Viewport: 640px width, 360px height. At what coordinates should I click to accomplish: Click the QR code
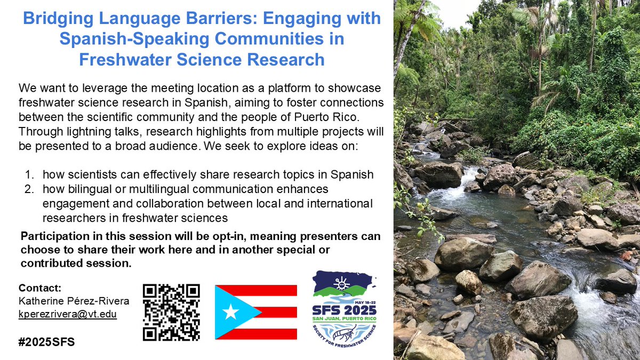[171, 312]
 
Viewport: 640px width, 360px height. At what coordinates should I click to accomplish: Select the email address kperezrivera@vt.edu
[68, 314]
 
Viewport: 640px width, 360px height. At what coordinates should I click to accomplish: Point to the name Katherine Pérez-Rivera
[74, 301]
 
